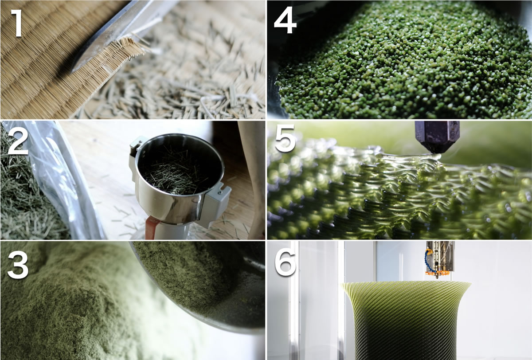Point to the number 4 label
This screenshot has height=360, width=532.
(x=285, y=20)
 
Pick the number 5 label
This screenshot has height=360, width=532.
(x=285, y=138)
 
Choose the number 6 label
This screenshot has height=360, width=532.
(x=285, y=262)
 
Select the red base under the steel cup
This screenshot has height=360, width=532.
(x=152, y=229)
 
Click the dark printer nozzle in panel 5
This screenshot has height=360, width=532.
(x=437, y=137)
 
